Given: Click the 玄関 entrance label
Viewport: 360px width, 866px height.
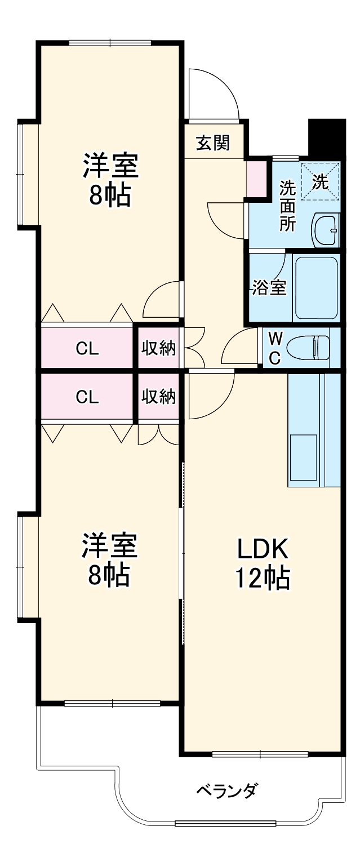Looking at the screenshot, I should pos(212,143).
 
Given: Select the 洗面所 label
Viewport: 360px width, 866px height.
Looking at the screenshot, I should pos(288,205).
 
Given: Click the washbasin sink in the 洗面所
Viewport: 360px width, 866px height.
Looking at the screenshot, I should pos(326,230).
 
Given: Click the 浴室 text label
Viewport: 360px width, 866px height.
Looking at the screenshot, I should pos(269,287).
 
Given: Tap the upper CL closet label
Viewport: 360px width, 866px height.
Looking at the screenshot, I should pos(87,348).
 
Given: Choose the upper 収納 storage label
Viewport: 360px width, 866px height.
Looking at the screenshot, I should pos(158,348).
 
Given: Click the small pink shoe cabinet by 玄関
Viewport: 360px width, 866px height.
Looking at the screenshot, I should pos(257,179).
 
